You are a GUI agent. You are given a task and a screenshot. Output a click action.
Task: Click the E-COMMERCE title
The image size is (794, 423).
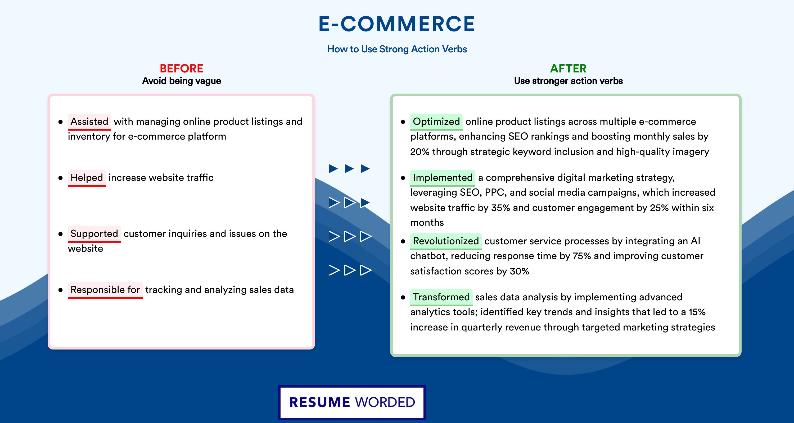pos(397,24)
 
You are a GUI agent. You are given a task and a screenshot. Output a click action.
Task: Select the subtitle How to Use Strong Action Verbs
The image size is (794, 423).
pos(397,49)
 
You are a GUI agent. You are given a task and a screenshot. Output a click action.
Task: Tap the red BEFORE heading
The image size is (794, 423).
pos(182,68)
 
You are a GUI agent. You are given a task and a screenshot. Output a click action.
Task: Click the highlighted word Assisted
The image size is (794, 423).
pos(89,122)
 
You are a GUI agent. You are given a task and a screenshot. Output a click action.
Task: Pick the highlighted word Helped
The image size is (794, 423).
pos(87,178)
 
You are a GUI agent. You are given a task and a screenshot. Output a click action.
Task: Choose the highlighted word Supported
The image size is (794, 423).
pos(94,234)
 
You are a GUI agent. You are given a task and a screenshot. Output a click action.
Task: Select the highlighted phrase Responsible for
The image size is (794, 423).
pos(105,290)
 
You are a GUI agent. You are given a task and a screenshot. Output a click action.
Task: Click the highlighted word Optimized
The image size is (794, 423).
pos(436,122)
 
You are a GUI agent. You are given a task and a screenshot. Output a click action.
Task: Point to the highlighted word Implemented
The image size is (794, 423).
pos(443,178)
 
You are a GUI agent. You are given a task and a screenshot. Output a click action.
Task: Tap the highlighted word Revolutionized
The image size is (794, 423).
pos(446,241)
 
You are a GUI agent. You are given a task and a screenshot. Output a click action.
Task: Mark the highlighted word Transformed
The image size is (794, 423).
pos(441,297)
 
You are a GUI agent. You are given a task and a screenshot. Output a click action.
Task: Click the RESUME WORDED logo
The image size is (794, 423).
pos(352,402)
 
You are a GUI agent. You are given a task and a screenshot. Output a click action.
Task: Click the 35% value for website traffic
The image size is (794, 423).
pos(500,208)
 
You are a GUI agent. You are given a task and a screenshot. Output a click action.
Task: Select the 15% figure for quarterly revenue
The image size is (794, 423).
pos(697,312)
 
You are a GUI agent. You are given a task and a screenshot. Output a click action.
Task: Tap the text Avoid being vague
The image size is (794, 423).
pos(182,81)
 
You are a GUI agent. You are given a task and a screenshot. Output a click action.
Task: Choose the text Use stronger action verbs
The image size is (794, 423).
pos(569,81)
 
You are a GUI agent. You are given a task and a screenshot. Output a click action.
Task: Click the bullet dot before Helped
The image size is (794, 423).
pos(60,178)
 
